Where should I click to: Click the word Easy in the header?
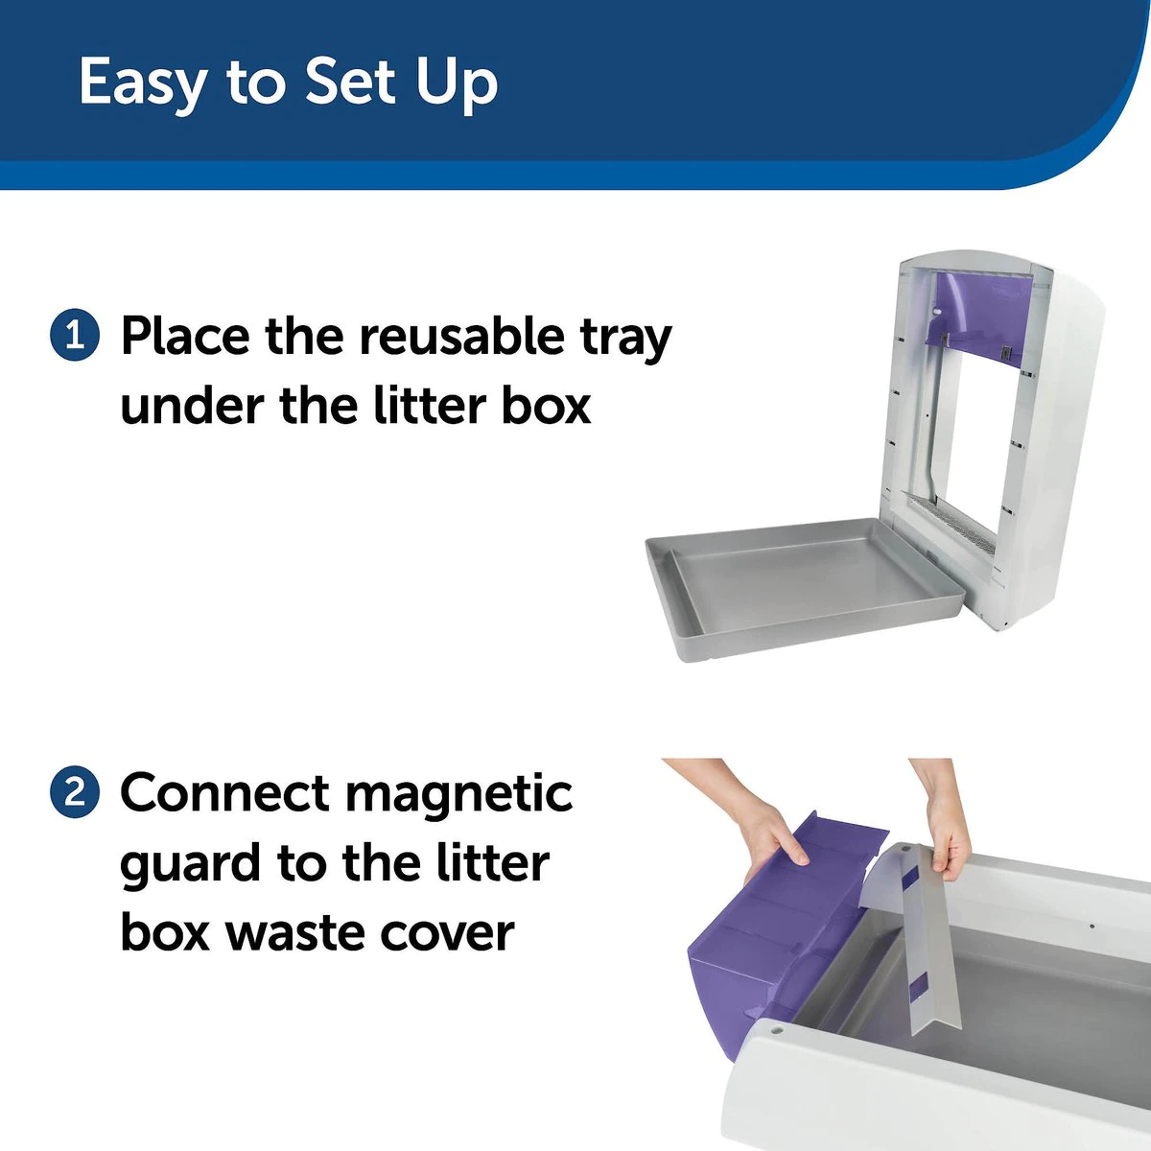click(x=142, y=82)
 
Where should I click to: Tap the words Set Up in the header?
click(x=401, y=82)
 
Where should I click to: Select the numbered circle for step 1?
click(x=74, y=336)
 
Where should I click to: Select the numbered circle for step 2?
click(x=74, y=793)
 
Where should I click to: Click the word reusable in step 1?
click(x=462, y=336)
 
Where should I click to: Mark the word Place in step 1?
click(x=185, y=336)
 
